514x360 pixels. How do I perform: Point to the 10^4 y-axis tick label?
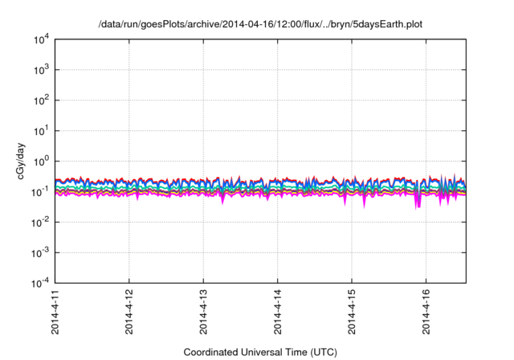point(39,39)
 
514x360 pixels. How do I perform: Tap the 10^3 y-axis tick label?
point(39,70)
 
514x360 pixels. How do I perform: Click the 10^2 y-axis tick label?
point(39,100)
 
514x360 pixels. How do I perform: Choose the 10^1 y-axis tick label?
point(39,130)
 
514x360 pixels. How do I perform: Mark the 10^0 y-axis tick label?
point(39,161)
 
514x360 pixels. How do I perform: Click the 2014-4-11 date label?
point(55,313)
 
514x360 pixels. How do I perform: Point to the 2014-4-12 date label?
point(129,313)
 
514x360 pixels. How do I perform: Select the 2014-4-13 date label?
point(203,313)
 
